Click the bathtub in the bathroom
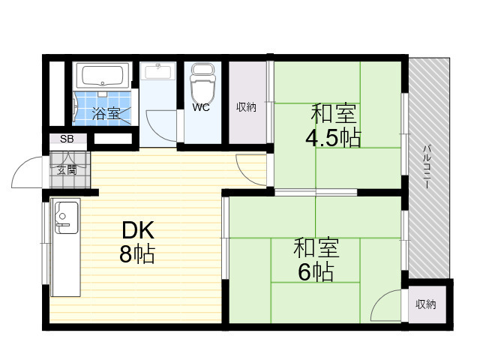coord(103,76)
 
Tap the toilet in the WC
coord(202,81)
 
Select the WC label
coord(201,107)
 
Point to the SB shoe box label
coord(67,139)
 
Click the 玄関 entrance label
coord(67,170)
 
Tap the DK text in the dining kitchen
coord(138,230)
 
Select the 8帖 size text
coord(137,253)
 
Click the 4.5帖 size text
coord(333,138)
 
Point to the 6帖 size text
coord(316,272)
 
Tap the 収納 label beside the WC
coord(246,107)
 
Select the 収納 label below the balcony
coord(425,304)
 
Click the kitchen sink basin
coord(66,217)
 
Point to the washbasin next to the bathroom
coord(158,71)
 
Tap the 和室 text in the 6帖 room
coord(316,247)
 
